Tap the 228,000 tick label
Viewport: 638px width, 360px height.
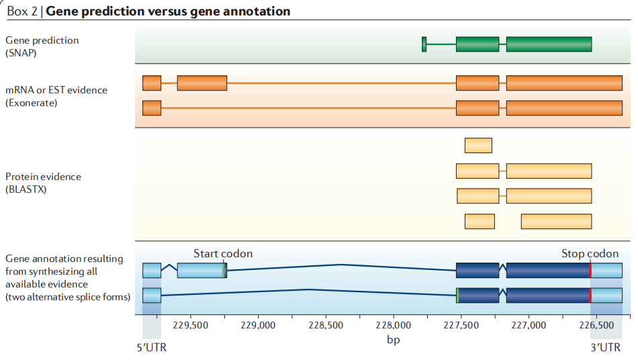pos(393,326)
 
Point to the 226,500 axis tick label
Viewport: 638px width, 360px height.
pos(596,326)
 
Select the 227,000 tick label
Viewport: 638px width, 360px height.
pos(528,326)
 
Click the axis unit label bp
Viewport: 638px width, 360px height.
pos(393,340)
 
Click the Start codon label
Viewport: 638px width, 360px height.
pos(223,254)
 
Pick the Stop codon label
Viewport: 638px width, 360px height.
pos(590,254)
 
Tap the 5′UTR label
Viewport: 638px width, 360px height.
pos(152,348)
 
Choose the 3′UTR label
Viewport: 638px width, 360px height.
pos(606,348)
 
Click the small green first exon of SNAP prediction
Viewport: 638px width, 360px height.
pos(424,44)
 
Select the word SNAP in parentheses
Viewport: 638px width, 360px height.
pos(21,52)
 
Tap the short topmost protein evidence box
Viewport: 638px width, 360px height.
pos(478,145)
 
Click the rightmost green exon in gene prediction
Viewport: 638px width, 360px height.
pos(549,44)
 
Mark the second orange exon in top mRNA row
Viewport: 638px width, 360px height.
pos(201,83)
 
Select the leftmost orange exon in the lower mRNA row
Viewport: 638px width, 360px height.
pos(152,107)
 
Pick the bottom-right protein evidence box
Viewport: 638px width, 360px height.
pos(556,221)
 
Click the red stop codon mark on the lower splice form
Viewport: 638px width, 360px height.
pos(590,296)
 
